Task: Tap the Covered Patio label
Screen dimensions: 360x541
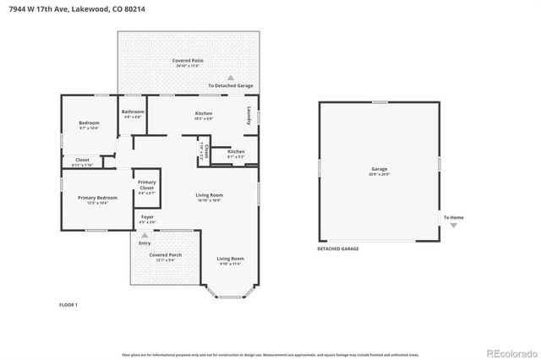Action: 188,61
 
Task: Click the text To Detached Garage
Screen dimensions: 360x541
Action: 230,85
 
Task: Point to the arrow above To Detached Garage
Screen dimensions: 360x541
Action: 230,77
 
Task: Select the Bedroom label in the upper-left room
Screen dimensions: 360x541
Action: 89,123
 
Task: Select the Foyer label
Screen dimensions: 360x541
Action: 147,218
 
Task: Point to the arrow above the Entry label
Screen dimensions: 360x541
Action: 144,235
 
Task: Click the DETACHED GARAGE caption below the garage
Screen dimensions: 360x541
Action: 338,249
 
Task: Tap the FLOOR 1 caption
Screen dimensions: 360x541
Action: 68,304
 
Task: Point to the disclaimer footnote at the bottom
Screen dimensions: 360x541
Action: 270,353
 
